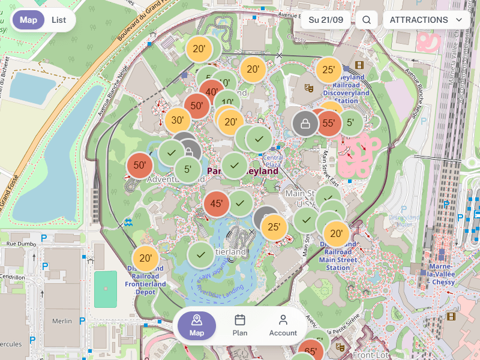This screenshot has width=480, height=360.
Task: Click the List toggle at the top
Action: [x=59, y=20]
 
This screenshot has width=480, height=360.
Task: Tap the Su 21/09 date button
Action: [x=326, y=20]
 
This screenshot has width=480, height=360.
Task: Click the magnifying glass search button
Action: [x=366, y=20]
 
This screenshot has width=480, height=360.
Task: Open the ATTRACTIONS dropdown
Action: [x=426, y=20]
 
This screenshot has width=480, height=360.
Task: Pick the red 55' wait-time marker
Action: [x=328, y=124]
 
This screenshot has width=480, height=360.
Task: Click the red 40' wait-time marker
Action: [x=211, y=92]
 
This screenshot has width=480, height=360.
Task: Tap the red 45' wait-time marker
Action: [x=217, y=204]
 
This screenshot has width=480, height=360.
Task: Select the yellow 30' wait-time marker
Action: [x=178, y=120]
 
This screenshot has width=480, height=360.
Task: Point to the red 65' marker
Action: [x=311, y=352]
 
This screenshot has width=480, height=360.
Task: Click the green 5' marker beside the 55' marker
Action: [x=350, y=122]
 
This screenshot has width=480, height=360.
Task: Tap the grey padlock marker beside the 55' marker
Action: [x=305, y=124]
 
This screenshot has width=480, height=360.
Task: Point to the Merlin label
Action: [x=62, y=321]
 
